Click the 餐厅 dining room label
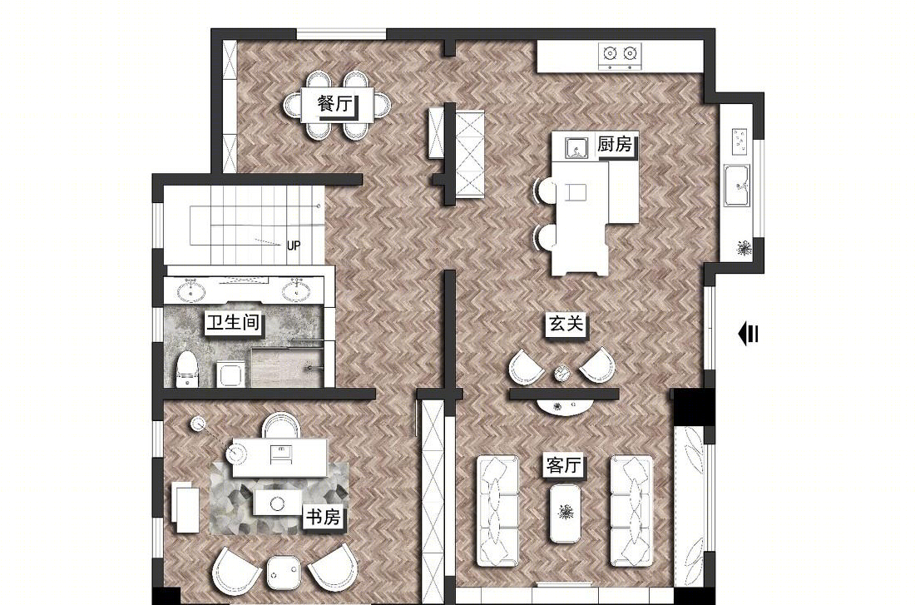pyautogui.click(x=335, y=105)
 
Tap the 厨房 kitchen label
pyautogui.click(x=615, y=144)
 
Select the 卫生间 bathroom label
pyautogui.click(x=233, y=322)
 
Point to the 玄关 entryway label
pyautogui.click(x=566, y=324)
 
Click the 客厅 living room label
pyautogui.click(x=564, y=465)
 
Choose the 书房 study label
pyautogui.click(x=323, y=517)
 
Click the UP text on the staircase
pyautogui.click(x=294, y=245)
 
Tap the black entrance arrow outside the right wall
pyautogui.click(x=748, y=335)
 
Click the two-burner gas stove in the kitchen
pyautogui.click(x=619, y=55)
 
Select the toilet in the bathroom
pyautogui.click(x=186, y=369)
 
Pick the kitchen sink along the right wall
pyautogui.click(x=738, y=186)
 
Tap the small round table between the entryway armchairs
pyautogui.click(x=561, y=373)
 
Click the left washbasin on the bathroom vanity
pyautogui.click(x=190, y=290)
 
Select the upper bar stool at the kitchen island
pyautogui.click(x=546, y=191)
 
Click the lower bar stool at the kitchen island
pyautogui.click(x=546, y=237)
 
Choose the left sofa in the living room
pyautogui.click(x=497, y=512)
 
